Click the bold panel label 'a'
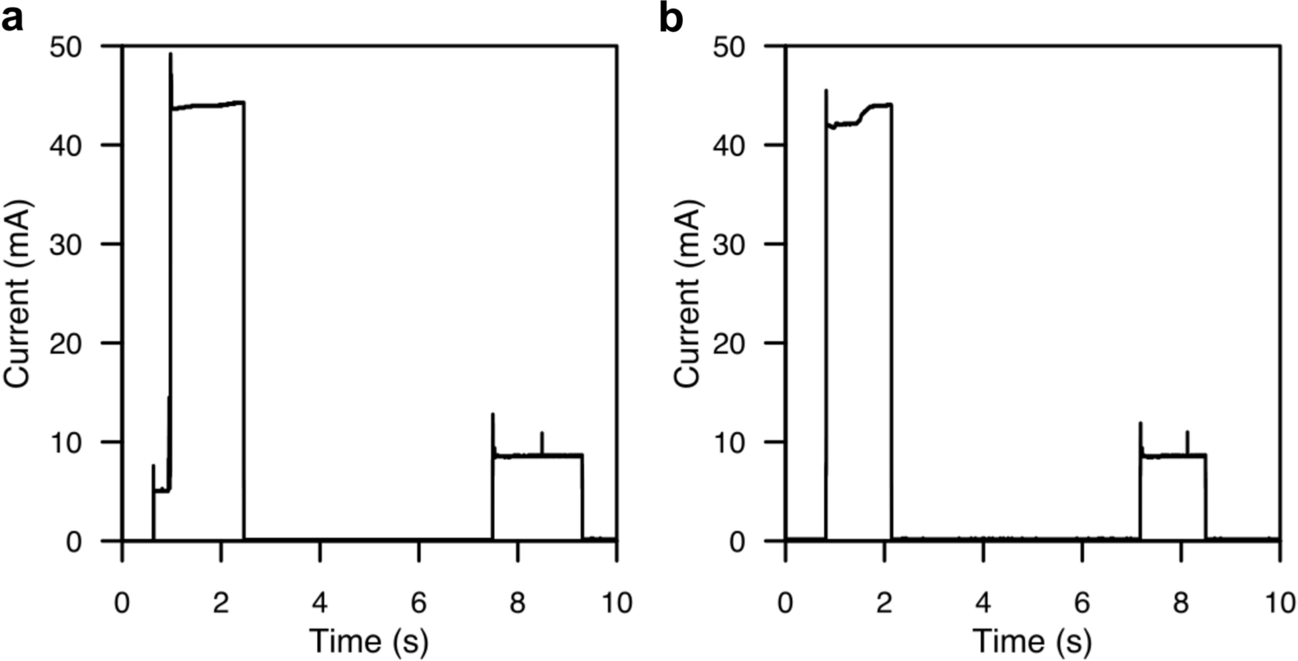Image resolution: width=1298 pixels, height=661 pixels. (11, 18)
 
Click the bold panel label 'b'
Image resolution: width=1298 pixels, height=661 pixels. (672, 18)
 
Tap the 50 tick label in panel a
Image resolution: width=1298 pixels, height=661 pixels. (89, 46)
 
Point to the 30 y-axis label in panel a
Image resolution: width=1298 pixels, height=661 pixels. (89, 245)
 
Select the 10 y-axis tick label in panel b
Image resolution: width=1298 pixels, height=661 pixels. (751, 442)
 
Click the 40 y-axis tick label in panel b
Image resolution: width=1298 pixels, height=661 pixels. (751, 145)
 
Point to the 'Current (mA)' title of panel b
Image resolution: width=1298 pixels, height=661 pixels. (685, 292)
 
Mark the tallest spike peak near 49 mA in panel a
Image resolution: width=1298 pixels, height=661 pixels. (171, 55)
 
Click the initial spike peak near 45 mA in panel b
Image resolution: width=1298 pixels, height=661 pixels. (826, 90)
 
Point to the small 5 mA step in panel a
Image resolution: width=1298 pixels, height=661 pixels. (161, 490)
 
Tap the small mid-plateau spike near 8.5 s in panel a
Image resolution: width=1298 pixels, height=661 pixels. (542, 433)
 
